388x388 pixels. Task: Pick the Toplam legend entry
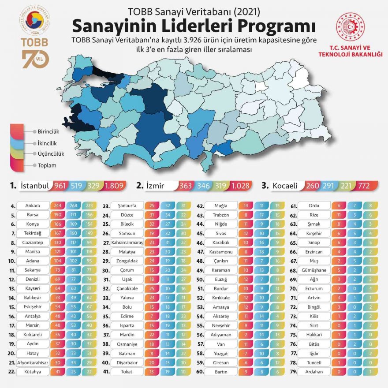tap(47, 165)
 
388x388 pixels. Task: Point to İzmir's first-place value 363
tap(185, 186)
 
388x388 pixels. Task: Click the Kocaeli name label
tap(286, 186)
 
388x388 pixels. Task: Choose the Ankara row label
tap(33, 205)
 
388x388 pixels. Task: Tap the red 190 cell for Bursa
tap(57, 215)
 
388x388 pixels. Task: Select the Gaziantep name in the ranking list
tap(33, 242)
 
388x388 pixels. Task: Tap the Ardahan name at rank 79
tap(314, 371)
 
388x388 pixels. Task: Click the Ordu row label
tap(314, 205)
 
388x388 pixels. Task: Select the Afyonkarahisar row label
tap(33, 362)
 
